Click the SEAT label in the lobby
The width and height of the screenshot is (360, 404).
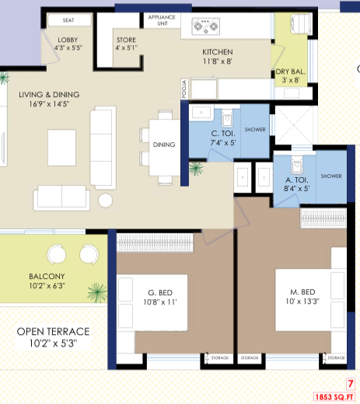click(x=68, y=20)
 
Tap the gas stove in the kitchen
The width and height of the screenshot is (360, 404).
click(x=206, y=26)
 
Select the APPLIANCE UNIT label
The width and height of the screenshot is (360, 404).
click(x=162, y=20)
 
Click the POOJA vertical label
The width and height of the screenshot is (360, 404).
click(x=184, y=89)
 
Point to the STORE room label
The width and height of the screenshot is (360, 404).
click(x=126, y=40)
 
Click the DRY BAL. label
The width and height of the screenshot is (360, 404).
click(x=290, y=71)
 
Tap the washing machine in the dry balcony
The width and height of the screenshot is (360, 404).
click(x=301, y=24)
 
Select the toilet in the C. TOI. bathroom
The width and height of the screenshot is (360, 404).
click(x=227, y=118)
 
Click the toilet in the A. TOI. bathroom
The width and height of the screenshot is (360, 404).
click(x=297, y=165)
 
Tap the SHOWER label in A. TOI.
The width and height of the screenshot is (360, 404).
click(x=331, y=176)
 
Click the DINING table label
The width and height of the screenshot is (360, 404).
click(x=164, y=145)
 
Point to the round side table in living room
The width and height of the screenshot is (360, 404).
click(x=105, y=200)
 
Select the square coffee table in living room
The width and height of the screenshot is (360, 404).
click(x=61, y=148)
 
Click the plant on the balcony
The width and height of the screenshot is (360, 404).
click(x=97, y=293)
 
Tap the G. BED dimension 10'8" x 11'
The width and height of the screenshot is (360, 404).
click(x=160, y=302)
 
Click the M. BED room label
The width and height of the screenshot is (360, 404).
click(x=302, y=292)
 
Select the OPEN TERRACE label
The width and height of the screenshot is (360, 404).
click(x=53, y=332)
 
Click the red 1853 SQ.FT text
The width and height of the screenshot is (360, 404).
click(x=334, y=397)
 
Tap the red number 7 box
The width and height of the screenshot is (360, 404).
click(x=351, y=384)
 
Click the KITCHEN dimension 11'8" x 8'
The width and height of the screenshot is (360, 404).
click(x=218, y=61)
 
